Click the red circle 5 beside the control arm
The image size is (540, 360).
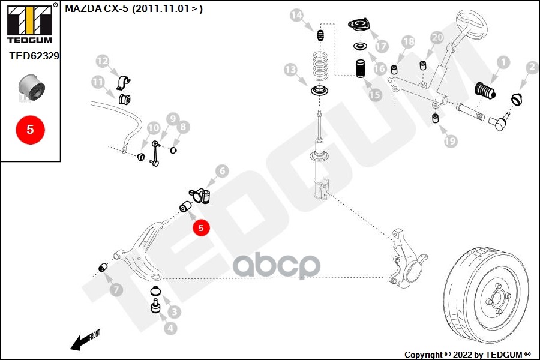click(201, 227)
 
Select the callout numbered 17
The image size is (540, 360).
click(382, 46)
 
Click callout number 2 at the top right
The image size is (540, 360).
click(531, 68)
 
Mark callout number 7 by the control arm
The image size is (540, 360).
click(116, 290)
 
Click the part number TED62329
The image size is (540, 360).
click(34, 56)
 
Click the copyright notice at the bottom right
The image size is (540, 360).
click(467, 354)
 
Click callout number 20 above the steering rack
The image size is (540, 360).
click(437, 37)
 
